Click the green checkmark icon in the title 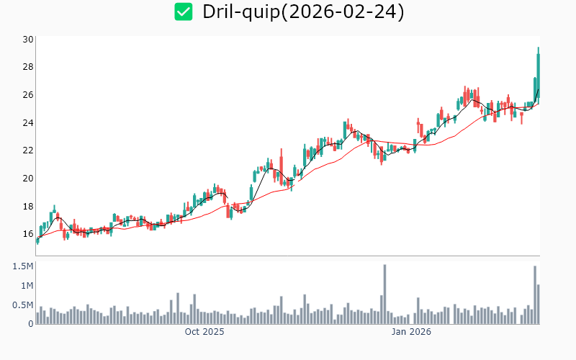(184, 12)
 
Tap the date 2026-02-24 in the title (343, 12)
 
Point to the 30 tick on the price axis (27, 39)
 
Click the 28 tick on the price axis (27, 67)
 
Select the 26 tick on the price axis (27, 95)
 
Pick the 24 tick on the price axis (27, 123)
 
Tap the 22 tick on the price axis (27, 150)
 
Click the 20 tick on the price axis (27, 179)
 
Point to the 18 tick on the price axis (27, 207)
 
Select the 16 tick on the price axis (27, 234)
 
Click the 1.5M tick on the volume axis (22, 266)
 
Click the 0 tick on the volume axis (30, 324)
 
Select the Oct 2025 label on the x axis (204, 332)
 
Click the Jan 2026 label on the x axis (411, 332)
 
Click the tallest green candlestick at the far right (539, 72)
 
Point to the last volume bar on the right (539, 305)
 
